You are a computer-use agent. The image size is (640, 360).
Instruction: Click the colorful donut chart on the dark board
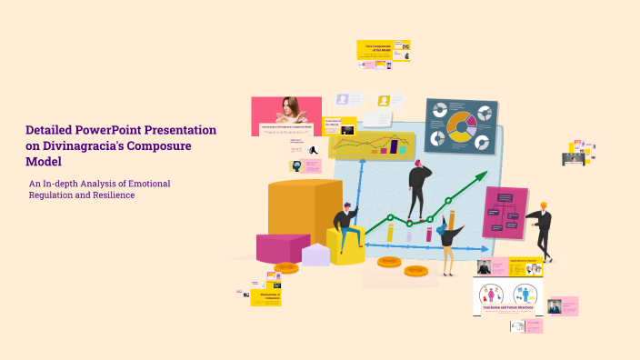(x=461, y=127)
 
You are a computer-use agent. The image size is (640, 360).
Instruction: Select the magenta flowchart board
(x=505, y=212)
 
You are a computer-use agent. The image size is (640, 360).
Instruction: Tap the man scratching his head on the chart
(x=418, y=186)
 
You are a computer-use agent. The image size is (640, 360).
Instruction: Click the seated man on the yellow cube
(x=345, y=225)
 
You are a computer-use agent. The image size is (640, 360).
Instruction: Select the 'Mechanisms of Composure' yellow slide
(x=266, y=296)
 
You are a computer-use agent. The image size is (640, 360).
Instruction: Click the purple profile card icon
(x=343, y=100)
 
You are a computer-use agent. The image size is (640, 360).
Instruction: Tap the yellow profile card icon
(x=385, y=101)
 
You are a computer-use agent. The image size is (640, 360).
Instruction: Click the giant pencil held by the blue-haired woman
(x=452, y=218)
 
